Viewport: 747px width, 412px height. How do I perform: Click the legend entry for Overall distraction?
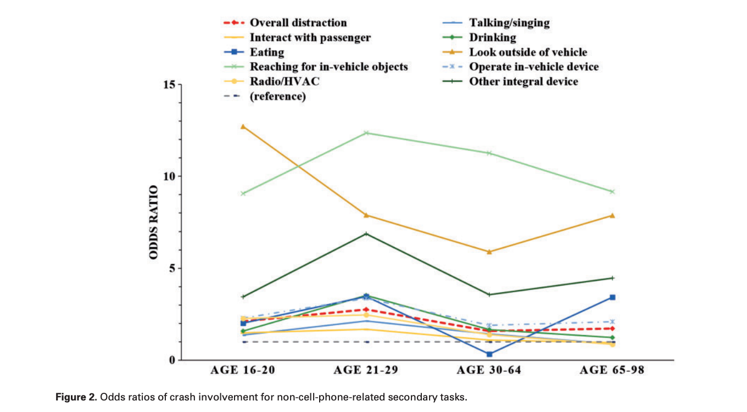pos(298,23)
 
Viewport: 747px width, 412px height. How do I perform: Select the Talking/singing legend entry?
pos(509,23)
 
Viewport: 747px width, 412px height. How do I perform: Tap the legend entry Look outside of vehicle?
pos(527,52)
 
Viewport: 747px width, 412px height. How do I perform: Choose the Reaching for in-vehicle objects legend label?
pos(328,67)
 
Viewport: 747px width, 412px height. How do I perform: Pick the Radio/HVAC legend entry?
pos(285,82)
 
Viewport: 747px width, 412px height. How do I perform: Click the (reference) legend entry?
pos(277,97)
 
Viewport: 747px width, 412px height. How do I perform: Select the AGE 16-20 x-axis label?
pos(243,370)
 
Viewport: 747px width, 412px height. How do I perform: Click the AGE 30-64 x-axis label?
pos(489,370)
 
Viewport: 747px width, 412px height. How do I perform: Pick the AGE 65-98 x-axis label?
pos(612,370)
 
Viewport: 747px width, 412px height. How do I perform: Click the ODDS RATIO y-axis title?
pos(154,222)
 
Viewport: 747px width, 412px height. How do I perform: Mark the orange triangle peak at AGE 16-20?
pos(243,126)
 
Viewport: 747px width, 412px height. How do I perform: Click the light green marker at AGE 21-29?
pos(366,133)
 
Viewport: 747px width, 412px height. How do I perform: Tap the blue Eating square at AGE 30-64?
pos(489,354)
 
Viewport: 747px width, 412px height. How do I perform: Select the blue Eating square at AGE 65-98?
pos(612,297)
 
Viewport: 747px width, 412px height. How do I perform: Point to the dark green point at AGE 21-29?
pos(366,234)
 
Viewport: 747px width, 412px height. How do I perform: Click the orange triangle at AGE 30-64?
pos(489,252)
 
